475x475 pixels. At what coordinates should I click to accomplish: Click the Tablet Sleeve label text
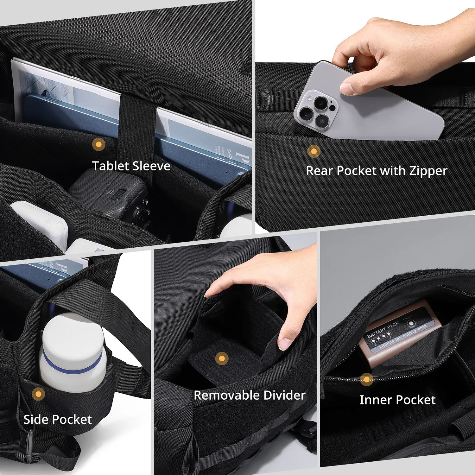131,166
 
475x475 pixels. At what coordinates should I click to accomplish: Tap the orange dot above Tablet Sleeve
99,144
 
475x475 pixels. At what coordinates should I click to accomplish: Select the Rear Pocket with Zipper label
376,171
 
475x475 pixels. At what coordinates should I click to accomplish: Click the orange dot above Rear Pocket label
314,151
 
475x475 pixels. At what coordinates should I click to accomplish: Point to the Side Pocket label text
57,420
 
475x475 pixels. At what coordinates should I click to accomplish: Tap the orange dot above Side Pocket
38,394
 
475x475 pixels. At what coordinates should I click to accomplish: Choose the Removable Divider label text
250,395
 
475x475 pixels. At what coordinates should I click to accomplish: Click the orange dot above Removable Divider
222,358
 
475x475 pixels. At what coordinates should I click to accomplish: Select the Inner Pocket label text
397,400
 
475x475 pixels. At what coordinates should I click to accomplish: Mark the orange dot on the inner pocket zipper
366,379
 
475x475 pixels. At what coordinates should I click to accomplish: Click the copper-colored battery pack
396,336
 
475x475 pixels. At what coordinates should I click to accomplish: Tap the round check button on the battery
411,324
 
